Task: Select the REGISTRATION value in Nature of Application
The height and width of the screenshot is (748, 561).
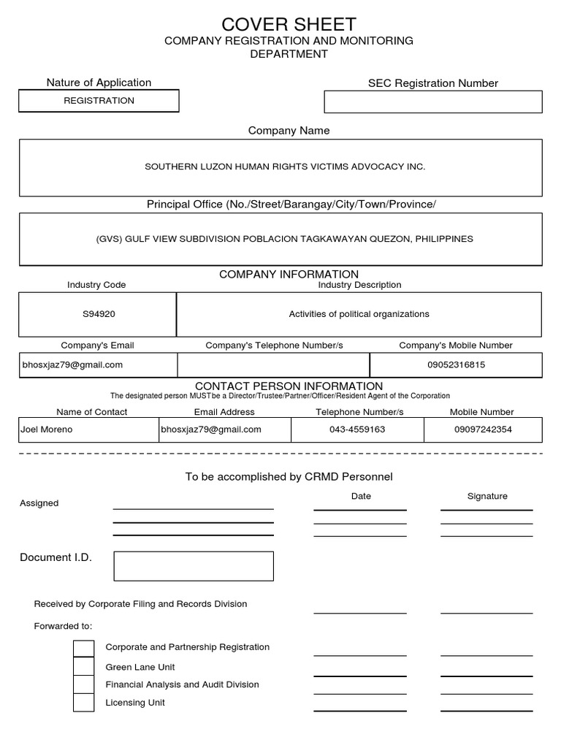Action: click(x=99, y=101)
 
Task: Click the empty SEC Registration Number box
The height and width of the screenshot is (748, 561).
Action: click(x=433, y=102)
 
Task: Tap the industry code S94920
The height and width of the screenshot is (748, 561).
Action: click(x=99, y=314)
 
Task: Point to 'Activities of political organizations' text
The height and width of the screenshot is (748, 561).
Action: click(x=359, y=314)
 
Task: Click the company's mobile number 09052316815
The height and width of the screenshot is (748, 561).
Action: click(x=456, y=365)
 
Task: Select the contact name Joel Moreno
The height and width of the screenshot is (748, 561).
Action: click(x=46, y=430)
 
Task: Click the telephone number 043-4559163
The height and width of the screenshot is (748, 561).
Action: click(x=357, y=430)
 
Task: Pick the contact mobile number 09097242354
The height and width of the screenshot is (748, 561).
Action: click(x=483, y=430)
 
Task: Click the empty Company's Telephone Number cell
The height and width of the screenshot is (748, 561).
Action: click(x=273, y=365)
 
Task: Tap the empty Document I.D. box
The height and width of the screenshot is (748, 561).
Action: click(x=194, y=566)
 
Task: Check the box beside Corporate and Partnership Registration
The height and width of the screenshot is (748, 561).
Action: click(x=84, y=648)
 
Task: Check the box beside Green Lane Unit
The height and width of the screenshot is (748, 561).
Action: click(x=84, y=666)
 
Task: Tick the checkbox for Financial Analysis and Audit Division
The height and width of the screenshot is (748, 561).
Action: click(x=84, y=684)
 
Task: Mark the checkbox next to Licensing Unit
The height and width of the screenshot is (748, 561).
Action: click(x=84, y=703)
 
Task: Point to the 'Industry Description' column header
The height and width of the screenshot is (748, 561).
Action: click(x=359, y=285)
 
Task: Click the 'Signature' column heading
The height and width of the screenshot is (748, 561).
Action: click(x=487, y=496)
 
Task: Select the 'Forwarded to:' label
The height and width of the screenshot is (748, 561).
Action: click(x=64, y=626)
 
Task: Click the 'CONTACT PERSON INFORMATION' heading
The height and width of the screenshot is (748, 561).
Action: click(x=289, y=386)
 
